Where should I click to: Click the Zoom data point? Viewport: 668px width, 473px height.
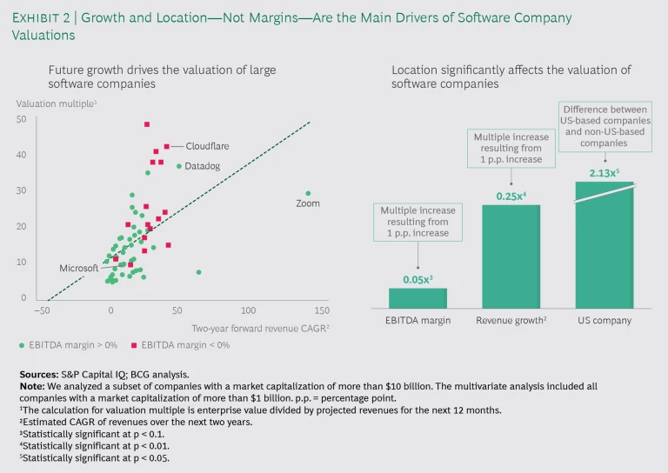tap(308, 193)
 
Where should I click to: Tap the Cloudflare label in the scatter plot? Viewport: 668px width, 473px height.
tap(207, 146)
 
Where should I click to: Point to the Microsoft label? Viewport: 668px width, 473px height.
tap(78, 268)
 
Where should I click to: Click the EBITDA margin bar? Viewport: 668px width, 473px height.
tap(417, 298)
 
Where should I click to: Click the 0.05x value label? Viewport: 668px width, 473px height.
tap(417, 279)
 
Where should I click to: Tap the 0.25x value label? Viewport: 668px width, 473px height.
tap(511, 196)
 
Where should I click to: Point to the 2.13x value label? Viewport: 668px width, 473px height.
tap(604, 173)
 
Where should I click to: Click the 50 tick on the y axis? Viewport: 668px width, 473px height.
tap(21, 119)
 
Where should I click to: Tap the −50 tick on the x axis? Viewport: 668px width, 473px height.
tap(40, 310)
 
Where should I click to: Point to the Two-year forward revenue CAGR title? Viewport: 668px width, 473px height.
tap(262, 327)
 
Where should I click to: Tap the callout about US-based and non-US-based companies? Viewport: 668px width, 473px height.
tap(604, 126)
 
